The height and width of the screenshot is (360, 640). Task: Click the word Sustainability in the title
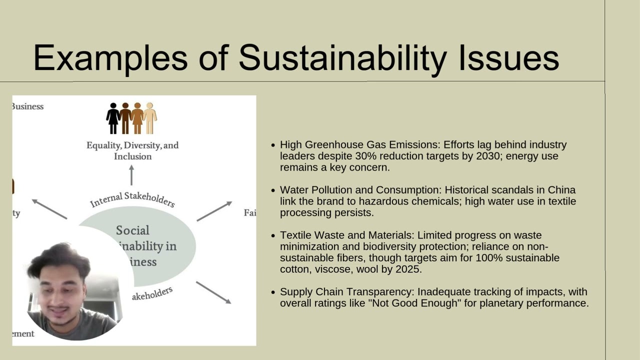click(x=342, y=58)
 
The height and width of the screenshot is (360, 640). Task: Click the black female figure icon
click(x=113, y=118)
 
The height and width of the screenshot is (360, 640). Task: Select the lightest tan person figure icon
click(x=150, y=118)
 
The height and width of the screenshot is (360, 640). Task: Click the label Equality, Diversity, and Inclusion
click(x=132, y=150)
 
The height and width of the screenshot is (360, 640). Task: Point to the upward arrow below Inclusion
click(x=131, y=175)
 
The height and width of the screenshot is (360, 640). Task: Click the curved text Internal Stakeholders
click(x=132, y=198)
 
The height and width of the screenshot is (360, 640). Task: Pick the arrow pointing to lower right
click(x=213, y=292)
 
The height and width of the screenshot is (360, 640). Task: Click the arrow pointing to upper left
click(x=49, y=208)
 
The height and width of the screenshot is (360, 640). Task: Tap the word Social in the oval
click(x=132, y=230)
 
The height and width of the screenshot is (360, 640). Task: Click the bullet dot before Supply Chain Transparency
click(x=273, y=292)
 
